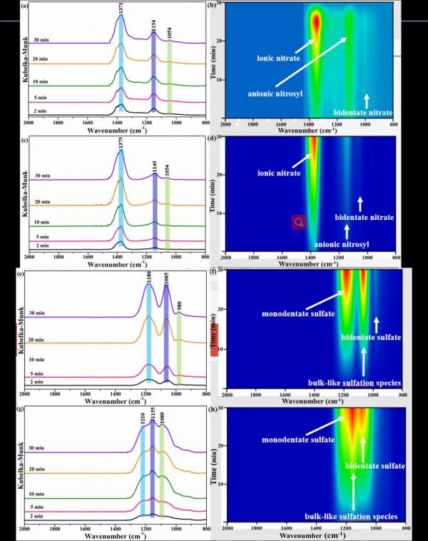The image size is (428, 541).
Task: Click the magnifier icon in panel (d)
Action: [x=298, y=223]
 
